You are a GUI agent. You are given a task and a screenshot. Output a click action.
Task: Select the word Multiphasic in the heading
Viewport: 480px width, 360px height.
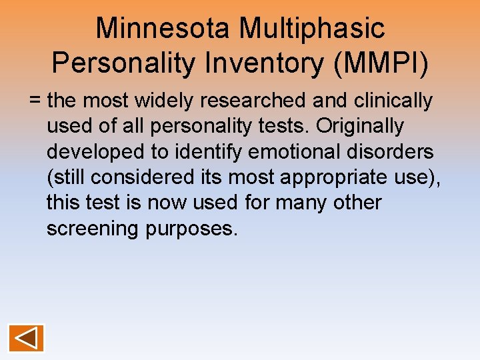pyautogui.click(x=313, y=28)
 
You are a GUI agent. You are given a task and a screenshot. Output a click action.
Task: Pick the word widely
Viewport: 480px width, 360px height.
pyautogui.click(x=164, y=101)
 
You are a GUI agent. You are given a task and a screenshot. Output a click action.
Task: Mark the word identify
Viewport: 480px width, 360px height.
pyautogui.click(x=210, y=151)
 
